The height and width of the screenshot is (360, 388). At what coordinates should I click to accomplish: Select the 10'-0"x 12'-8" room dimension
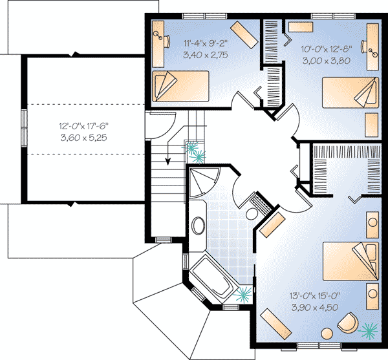pyautogui.click(x=326, y=48)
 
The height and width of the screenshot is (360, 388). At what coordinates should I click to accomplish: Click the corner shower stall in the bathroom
pyautogui.click(x=204, y=182)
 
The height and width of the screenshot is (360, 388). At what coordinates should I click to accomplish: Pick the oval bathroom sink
pyautogui.click(x=199, y=226)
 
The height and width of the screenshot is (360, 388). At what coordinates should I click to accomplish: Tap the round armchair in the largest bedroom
pyautogui.click(x=349, y=324)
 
